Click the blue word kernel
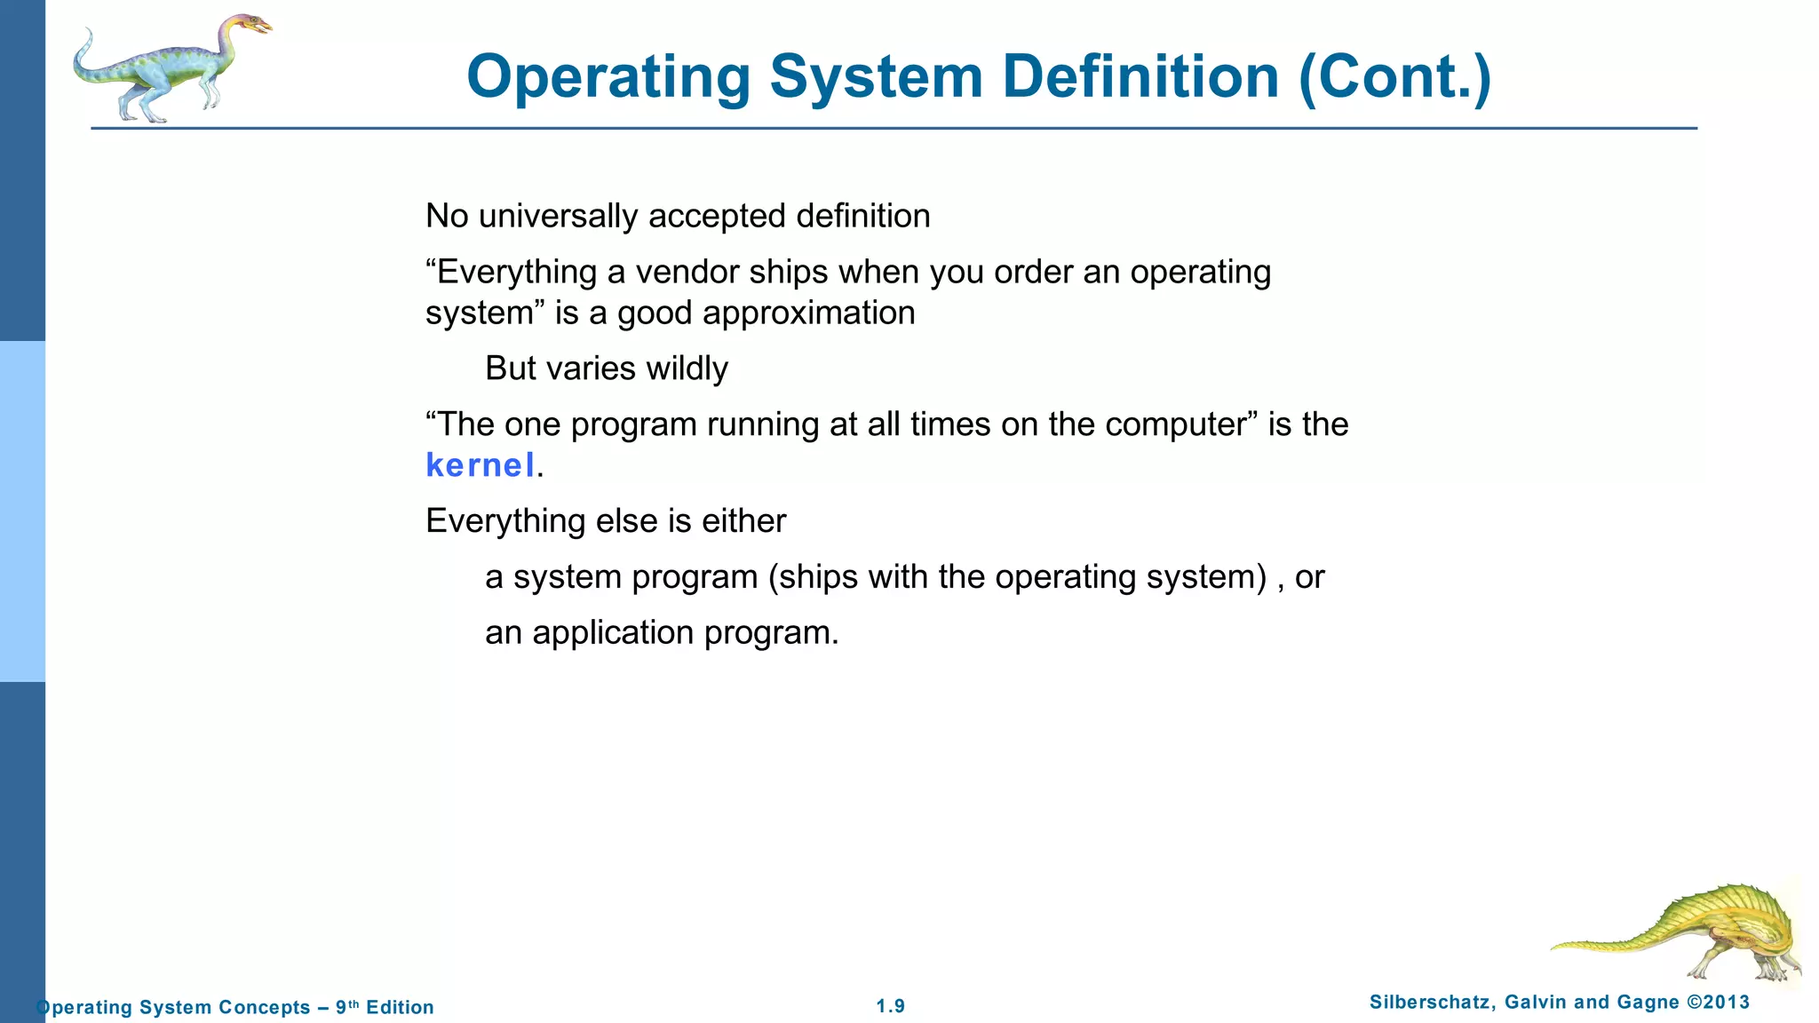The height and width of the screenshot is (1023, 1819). (x=480, y=465)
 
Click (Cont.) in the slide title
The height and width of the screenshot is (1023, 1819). (x=1394, y=77)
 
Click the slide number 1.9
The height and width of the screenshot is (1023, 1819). (x=890, y=1006)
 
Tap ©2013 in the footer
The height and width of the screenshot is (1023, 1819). (x=1718, y=1003)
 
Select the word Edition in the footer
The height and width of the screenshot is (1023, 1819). (x=400, y=1007)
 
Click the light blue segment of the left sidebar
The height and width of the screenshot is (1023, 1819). (x=22, y=511)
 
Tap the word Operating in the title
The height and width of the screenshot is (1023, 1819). (x=608, y=77)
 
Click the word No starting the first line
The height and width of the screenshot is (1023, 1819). (x=447, y=216)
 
